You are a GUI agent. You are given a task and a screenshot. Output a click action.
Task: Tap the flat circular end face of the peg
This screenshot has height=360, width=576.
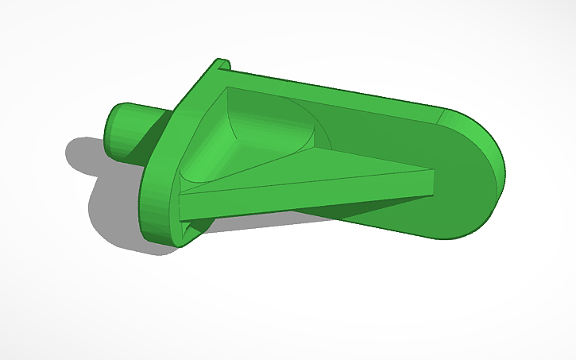(116, 130)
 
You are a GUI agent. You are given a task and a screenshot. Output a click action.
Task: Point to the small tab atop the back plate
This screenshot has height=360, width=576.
(221, 64)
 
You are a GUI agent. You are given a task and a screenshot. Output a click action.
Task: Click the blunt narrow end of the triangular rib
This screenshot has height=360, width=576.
(430, 182)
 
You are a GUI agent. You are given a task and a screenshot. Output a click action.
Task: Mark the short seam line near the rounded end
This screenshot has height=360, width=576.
(442, 116)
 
